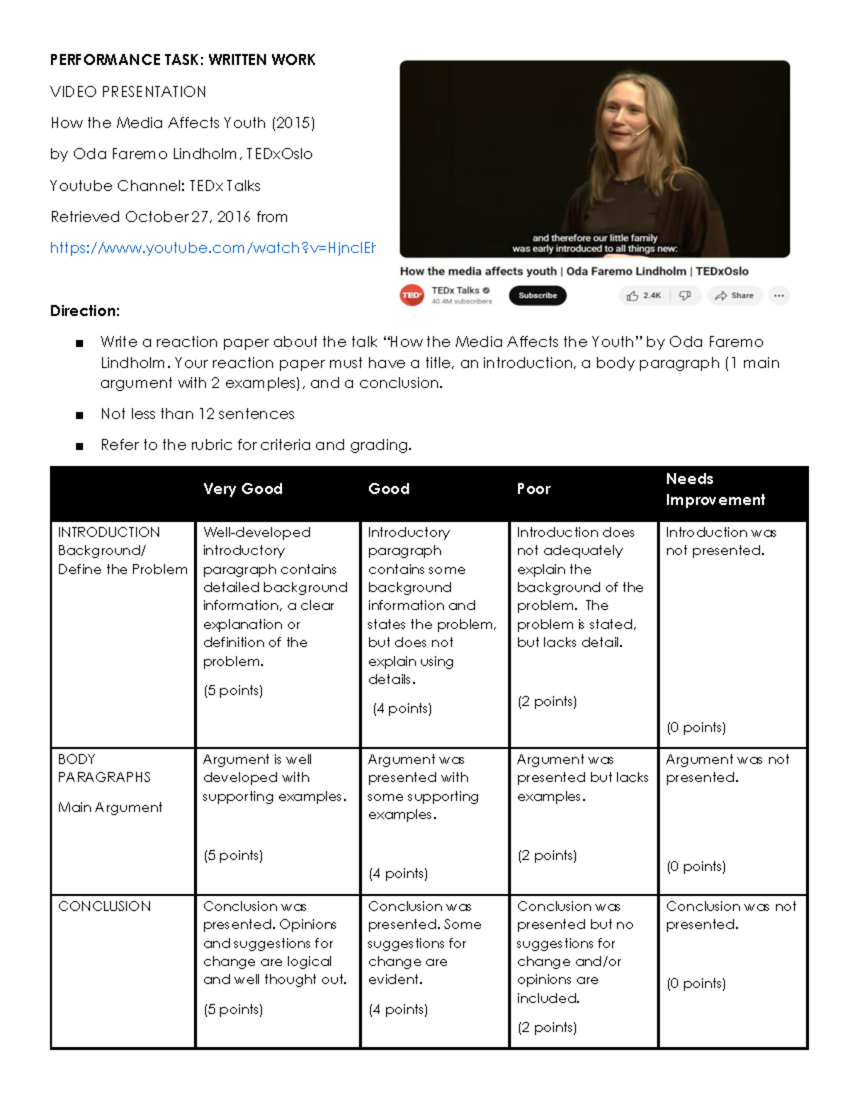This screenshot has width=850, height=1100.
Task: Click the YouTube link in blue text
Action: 212,248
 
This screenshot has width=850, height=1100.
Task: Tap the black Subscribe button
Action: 538,295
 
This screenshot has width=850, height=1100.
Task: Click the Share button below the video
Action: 735,295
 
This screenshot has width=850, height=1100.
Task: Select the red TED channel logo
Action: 412,295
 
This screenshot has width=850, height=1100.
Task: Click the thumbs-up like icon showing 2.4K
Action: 633,295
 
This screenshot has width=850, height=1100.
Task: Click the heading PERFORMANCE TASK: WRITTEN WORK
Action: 183,60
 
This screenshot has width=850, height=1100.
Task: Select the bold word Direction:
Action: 85,311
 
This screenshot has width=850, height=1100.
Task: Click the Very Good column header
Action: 243,489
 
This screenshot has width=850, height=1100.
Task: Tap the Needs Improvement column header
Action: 715,489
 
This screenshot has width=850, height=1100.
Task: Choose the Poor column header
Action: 533,489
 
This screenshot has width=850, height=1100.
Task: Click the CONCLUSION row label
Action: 104,907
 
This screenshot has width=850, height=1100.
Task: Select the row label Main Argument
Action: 110,807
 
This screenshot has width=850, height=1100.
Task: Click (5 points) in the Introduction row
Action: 233,691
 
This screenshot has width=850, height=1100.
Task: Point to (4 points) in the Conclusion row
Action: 398,1009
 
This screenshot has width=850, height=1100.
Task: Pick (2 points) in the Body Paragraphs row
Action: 547,856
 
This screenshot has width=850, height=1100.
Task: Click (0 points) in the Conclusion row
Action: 696,984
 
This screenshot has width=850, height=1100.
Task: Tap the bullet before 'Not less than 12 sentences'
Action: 79,415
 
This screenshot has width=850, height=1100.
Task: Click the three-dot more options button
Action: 779,295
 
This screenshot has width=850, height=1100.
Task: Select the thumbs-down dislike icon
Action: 685,295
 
